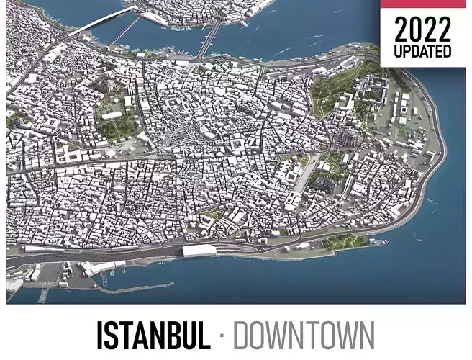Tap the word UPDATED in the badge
[x=423, y=52]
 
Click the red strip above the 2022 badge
[x=423, y=4]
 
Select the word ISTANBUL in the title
[x=153, y=336]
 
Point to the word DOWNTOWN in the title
[x=304, y=336]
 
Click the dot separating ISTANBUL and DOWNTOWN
[x=222, y=336]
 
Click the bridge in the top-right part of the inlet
[x=210, y=37]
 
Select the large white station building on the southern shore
[x=199, y=251]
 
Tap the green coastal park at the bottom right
[x=345, y=242]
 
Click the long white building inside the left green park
[x=112, y=114]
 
